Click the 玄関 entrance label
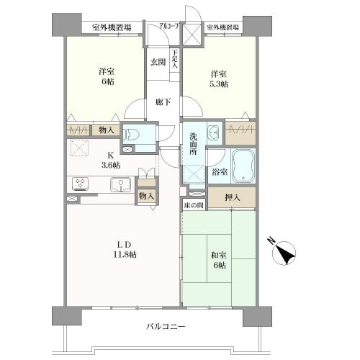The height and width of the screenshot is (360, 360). point(158,62)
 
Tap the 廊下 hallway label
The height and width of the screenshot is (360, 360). point(163,102)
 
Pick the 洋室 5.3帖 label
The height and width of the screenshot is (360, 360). point(220,78)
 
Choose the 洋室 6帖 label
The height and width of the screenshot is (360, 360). point(107,76)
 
